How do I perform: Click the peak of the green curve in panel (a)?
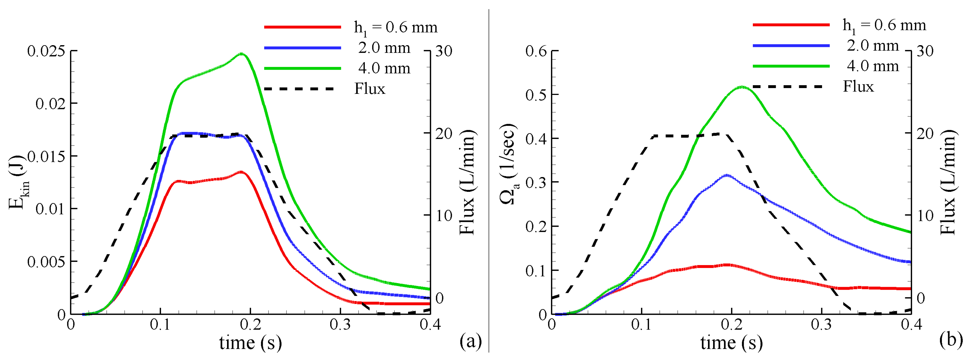pyautogui.click(x=242, y=54)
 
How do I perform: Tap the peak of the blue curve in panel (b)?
pyautogui.click(x=726, y=175)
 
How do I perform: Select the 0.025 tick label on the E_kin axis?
pyautogui.click(x=46, y=51)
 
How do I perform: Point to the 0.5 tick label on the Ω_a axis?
pyautogui.click(x=536, y=95)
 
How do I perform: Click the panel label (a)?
pyautogui.click(x=471, y=341)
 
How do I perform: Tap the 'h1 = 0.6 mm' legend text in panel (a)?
pyautogui.click(x=395, y=27)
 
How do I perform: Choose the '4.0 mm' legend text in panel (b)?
pyautogui.click(x=873, y=66)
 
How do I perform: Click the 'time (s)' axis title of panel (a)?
pyautogui.click(x=250, y=343)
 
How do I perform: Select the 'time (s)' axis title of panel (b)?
pyautogui.click(x=732, y=343)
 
